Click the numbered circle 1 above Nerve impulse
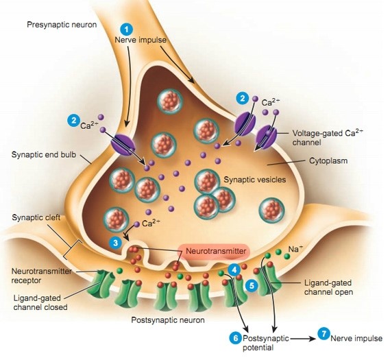click(x=125, y=28)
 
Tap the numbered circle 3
click(x=117, y=241)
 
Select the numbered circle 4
click(x=235, y=270)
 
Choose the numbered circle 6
click(x=235, y=337)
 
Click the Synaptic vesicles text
click(x=253, y=179)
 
